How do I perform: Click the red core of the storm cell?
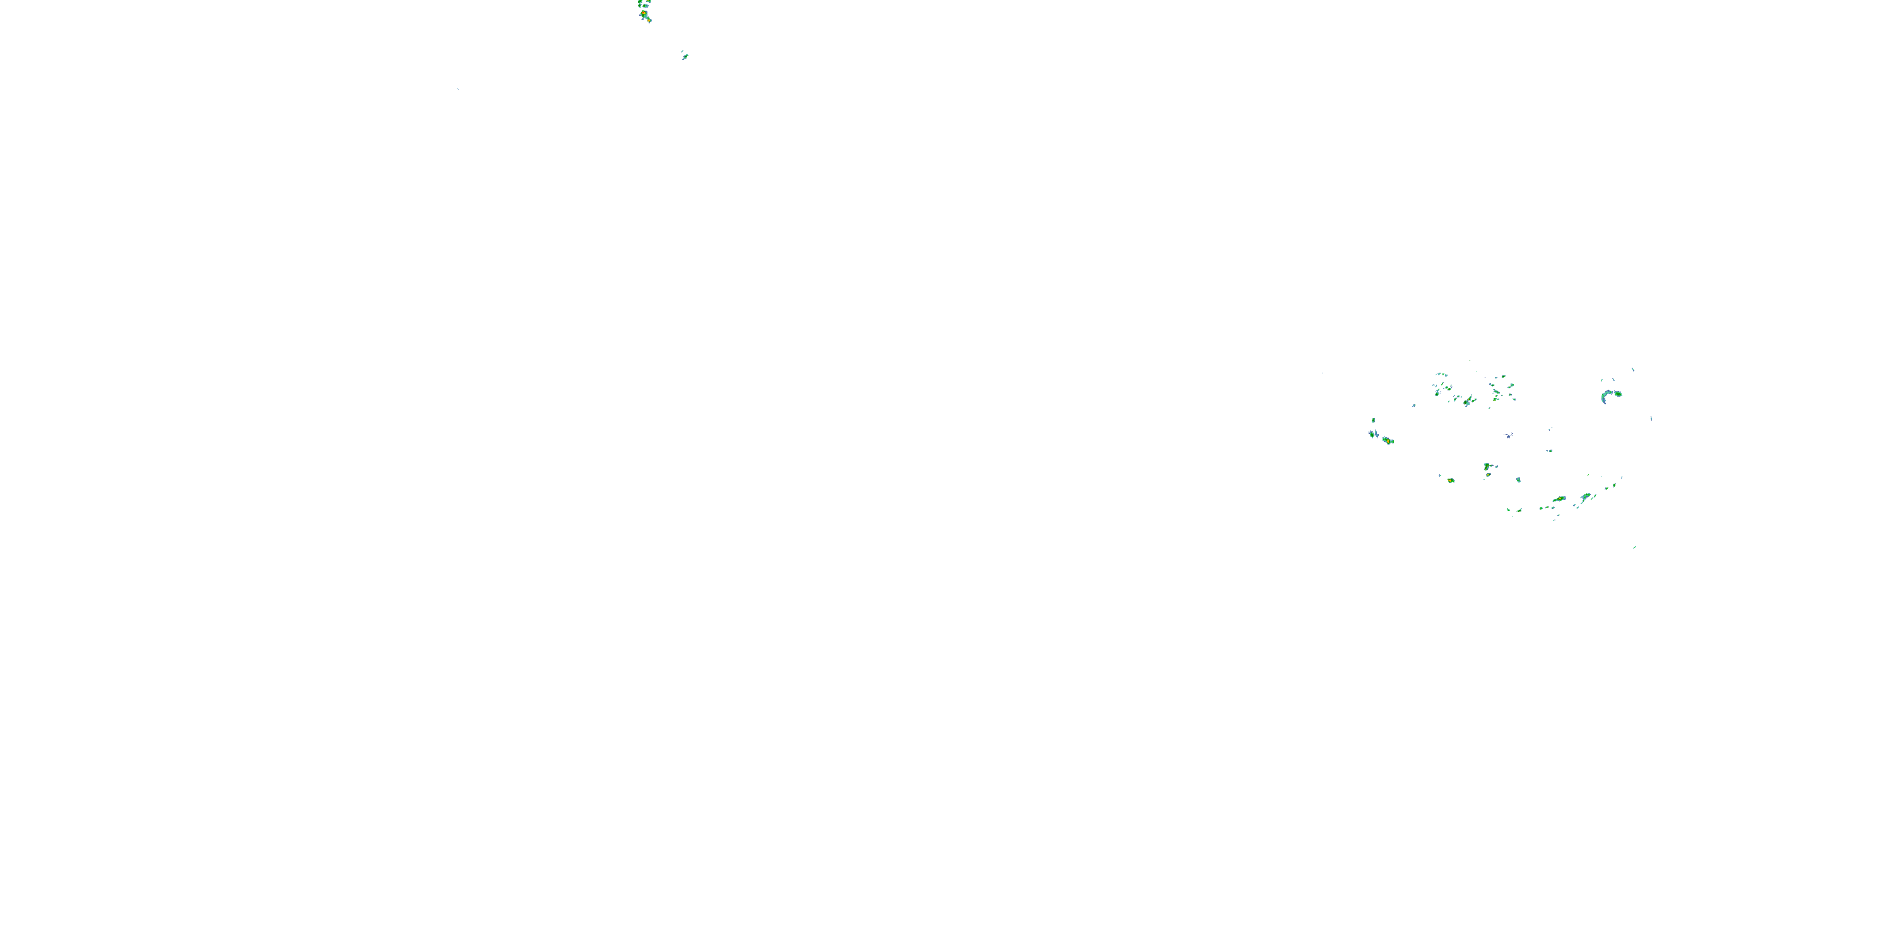644,13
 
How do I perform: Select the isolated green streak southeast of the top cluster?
685,57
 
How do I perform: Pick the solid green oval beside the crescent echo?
1617,394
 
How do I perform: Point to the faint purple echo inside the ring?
1509,436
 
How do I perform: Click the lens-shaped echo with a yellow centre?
1559,499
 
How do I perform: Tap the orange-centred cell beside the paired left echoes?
1388,441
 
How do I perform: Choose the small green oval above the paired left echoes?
1372,420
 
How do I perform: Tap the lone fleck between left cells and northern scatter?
1414,405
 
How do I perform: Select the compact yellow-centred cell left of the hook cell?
1451,481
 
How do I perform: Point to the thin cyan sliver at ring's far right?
1651,419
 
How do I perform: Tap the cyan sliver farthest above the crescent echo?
1633,370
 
